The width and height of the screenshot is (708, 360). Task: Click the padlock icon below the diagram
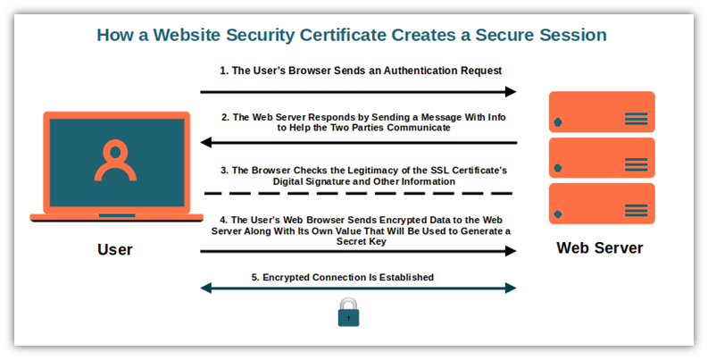(x=348, y=312)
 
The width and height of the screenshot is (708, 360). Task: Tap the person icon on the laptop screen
(x=115, y=161)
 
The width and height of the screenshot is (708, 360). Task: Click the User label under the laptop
(x=115, y=249)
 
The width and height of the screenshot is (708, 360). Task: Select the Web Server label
(x=600, y=248)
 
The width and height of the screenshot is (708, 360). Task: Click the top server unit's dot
(x=558, y=122)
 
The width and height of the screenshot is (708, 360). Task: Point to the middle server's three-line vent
(x=637, y=164)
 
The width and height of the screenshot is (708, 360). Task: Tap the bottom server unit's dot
(x=558, y=214)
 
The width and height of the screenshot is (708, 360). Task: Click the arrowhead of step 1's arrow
(x=511, y=92)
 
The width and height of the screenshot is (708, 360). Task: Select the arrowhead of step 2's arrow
(x=206, y=143)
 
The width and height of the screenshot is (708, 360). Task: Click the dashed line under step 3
(x=359, y=193)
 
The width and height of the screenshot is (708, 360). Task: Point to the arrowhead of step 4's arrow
(x=511, y=251)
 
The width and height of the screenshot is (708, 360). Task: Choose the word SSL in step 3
(x=439, y=171)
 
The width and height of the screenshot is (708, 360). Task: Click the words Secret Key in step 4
(x=362, y=242)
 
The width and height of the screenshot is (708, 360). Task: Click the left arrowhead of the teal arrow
(x=206, y=288)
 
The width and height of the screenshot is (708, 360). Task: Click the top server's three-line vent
(x=637, y=118)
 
